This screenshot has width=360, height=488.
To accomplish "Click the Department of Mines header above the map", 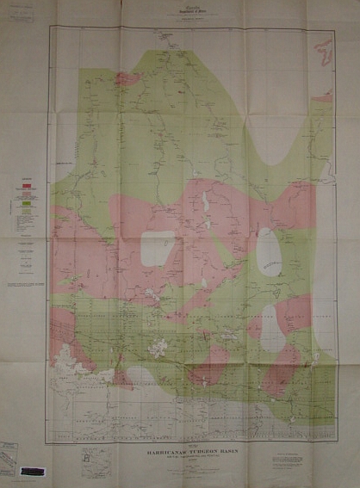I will pos(180,11).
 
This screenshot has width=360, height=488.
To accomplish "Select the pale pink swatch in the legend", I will pos(28,195).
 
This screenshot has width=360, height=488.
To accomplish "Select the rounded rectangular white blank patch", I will pos(158,248).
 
